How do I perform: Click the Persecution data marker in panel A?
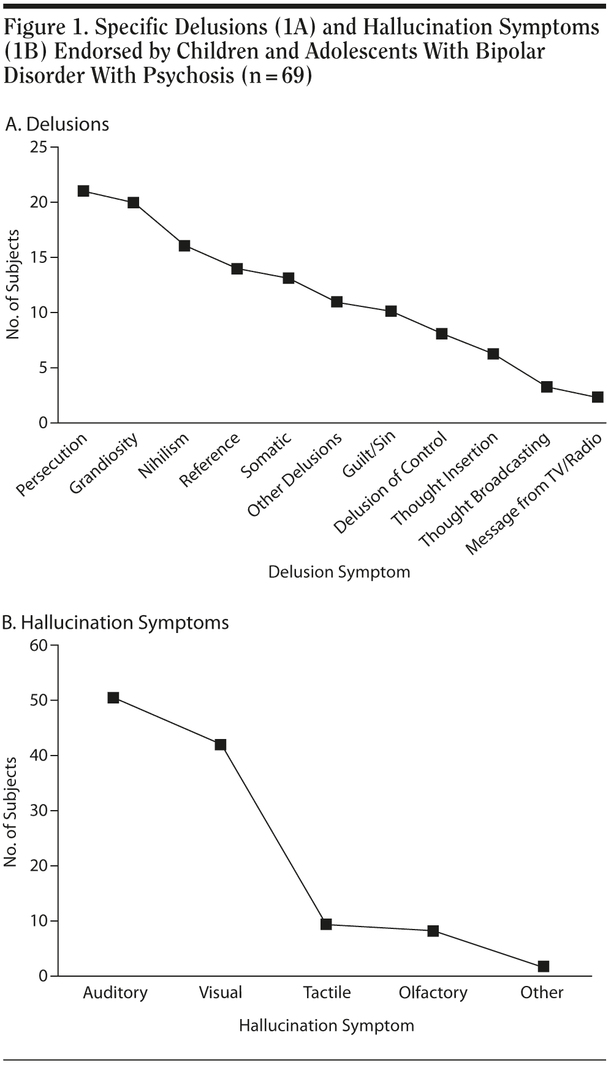pos(83,191)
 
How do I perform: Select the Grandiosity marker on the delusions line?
pos(133,202)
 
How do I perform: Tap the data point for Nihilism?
pos(184,246)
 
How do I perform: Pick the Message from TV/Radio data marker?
pos(598,397)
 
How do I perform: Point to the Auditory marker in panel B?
pos(113,697)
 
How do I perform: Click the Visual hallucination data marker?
pos(221,745)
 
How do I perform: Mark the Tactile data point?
pos(326,924)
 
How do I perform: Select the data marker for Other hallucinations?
pos(543,966)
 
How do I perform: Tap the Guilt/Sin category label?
pos(370,454)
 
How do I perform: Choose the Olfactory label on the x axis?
pos(433,993)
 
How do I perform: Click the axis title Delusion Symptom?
pos(339,572)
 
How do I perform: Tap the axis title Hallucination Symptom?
pos(326,1025)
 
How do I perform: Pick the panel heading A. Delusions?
pos(57,124)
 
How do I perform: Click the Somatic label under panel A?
pos(267,455)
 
